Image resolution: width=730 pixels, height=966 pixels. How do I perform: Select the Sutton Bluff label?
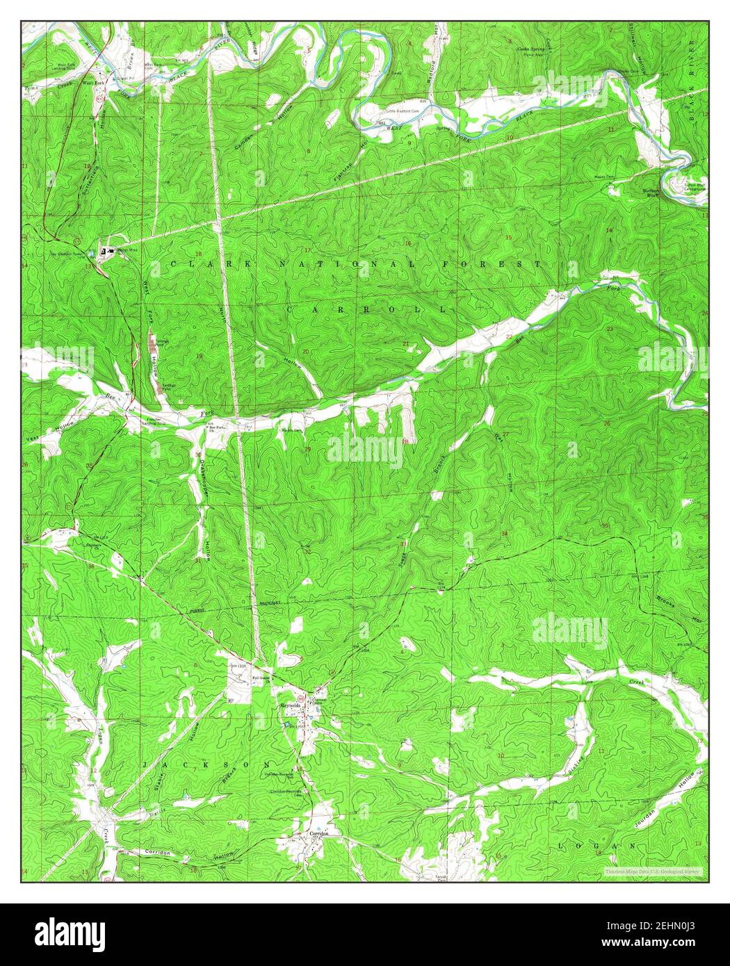click(652, 193)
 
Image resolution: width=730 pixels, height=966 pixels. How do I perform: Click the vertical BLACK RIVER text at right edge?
click(692, 76)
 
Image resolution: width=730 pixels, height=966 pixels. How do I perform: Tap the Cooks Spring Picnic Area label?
click(530, 51)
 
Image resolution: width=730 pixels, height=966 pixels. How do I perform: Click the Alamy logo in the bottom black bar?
click(71, 931)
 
